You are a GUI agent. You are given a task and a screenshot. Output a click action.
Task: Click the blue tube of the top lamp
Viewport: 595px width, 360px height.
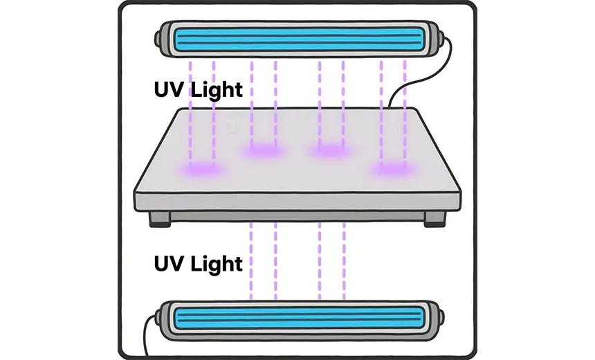pos(299,38)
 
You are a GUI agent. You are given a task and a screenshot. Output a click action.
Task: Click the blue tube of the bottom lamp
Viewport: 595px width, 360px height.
pos(299,319)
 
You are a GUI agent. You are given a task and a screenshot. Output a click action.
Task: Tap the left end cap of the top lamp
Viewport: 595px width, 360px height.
pos(163,39)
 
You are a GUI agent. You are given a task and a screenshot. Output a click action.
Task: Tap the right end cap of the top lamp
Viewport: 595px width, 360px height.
pos(437,39)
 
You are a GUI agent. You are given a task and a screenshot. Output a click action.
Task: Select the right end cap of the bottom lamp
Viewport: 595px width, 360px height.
pos(436,320)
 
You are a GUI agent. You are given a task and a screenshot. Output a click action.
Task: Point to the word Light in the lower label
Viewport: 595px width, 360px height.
pos(217,264)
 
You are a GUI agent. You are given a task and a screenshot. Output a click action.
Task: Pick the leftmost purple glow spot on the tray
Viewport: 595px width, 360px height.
pos(201,168)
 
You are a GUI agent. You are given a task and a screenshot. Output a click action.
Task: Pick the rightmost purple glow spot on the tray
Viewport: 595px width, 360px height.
pos(394,168)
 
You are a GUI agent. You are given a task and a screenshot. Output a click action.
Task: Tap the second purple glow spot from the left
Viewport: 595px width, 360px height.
pos(263,150)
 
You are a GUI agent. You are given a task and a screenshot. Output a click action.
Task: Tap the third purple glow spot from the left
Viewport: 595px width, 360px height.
pos(331,150)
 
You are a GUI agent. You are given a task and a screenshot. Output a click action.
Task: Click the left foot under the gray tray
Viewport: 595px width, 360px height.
pos(159,219)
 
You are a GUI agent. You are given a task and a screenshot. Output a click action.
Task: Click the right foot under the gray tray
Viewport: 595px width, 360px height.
pos(434,219)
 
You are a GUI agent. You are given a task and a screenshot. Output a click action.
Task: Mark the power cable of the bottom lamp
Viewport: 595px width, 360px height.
pos(146,335)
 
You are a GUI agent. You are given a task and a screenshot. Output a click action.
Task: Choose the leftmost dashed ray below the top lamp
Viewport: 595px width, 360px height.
pos(190,114)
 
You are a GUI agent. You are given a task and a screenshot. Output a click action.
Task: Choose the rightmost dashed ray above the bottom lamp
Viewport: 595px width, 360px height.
pos(344,261)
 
